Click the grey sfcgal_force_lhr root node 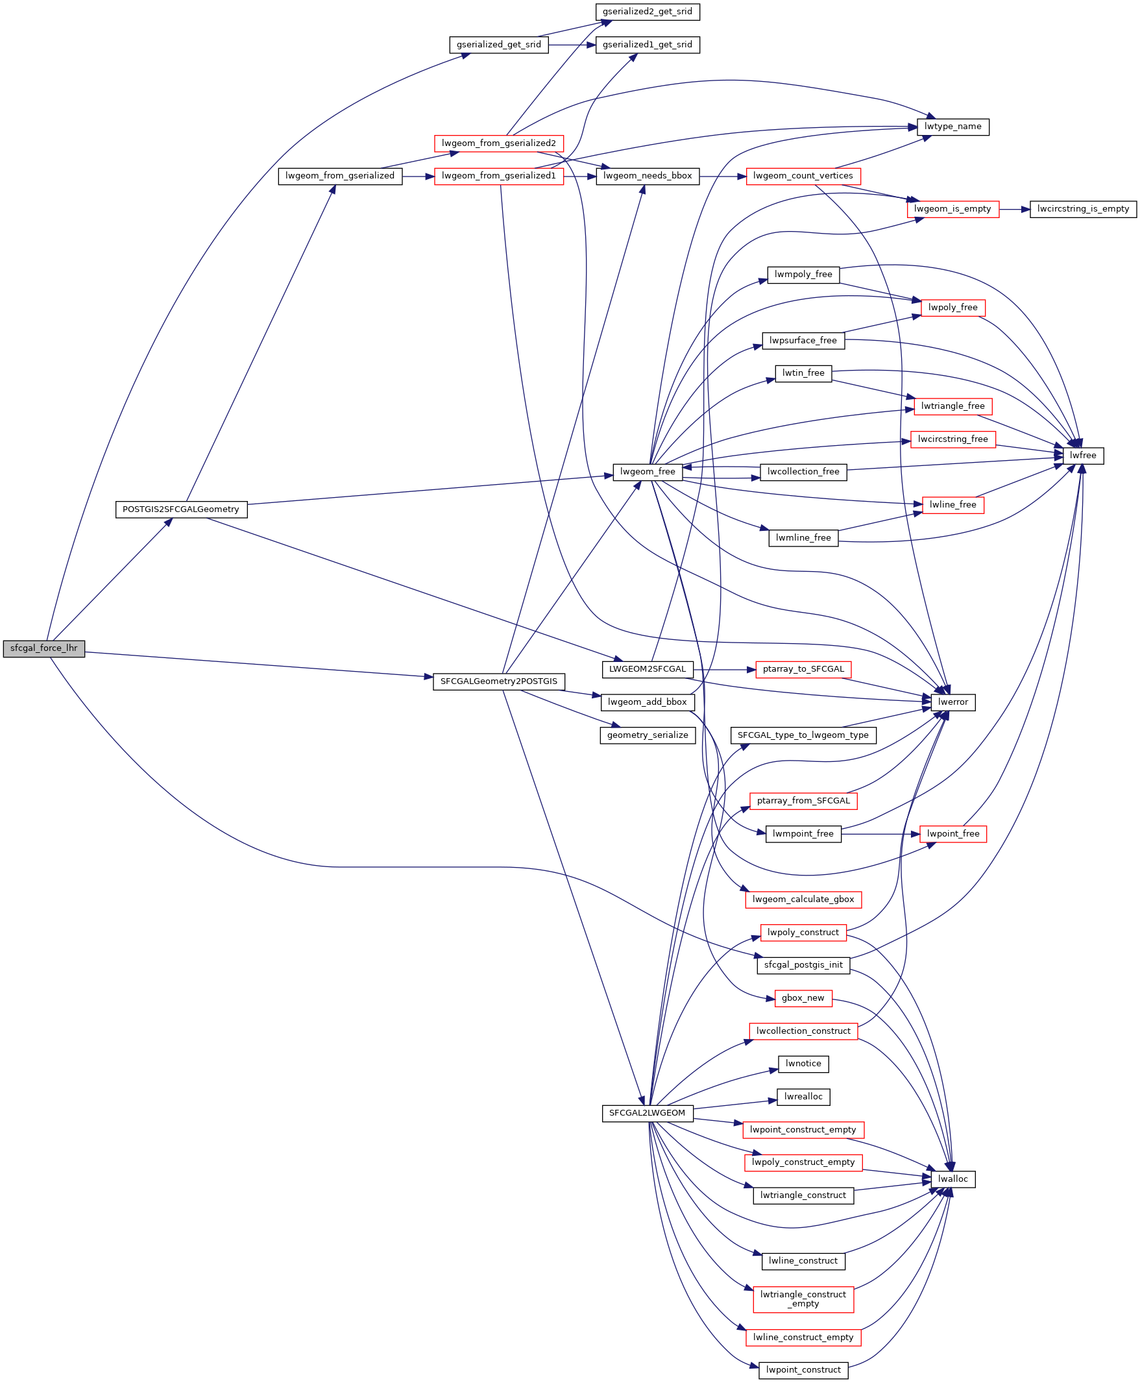tap(44, 648)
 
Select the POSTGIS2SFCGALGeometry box tap(181, 509)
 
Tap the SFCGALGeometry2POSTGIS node tap(498, 681)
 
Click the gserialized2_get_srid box tap(648, 12)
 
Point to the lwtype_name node tap(953, 127)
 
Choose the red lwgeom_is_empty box tap(952, 209)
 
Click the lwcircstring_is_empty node tap(1083, 209)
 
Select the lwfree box tap(1084, 455)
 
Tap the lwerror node tap(953, 702)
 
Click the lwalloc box tap(953, 1179)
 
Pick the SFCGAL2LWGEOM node tap(648, 1113)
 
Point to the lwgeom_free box tap(648, 472)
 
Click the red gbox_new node tap(803, 998)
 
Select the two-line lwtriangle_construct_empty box tap(803, 1299)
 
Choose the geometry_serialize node tap(648, 735)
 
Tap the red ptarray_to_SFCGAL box tap(803, 669)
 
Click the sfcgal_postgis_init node tap(803, 965)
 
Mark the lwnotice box tap(803, 1064)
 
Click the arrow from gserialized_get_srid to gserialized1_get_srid tap(572, 45)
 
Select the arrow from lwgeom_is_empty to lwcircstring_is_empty tap(1015, 209)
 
